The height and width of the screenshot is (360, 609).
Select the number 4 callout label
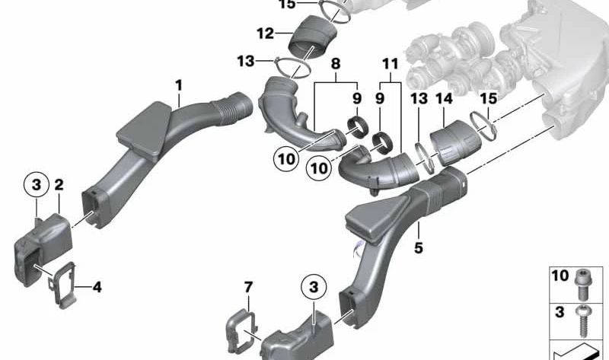coord(97,287)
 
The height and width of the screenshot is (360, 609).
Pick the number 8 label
coord(336,66)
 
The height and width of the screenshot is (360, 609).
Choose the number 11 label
coord(391,66)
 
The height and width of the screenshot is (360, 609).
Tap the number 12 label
coord(264,33)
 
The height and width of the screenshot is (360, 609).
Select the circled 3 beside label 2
coord(33,183)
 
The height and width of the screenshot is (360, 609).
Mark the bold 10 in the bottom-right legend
coord(559,276)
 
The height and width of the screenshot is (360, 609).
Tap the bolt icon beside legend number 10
coord(583,279)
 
